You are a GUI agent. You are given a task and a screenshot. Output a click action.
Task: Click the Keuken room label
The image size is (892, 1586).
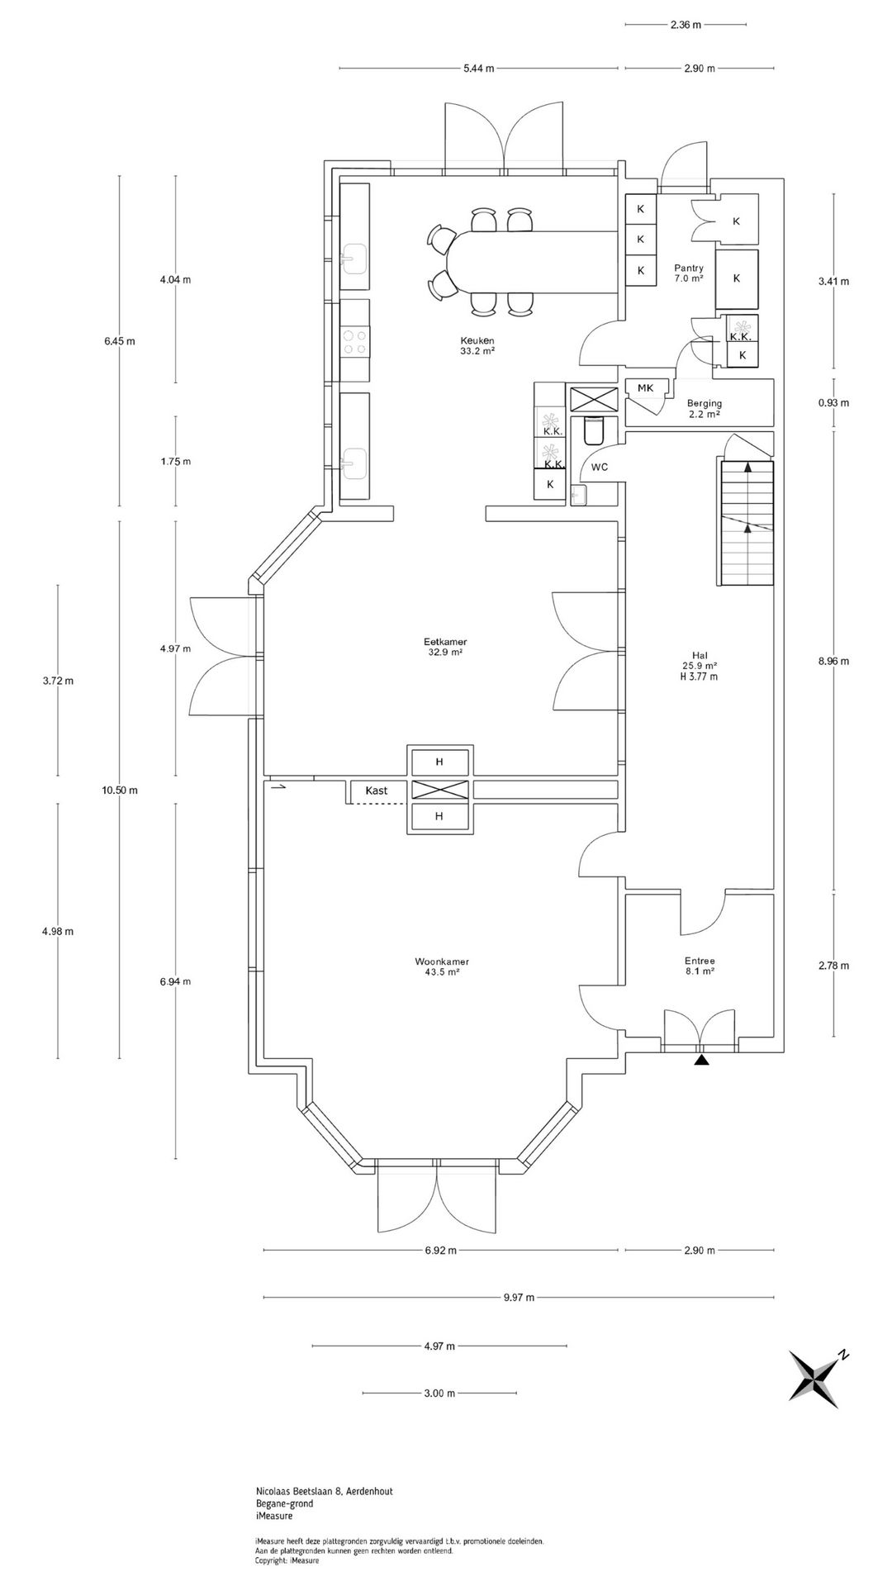pyautogui.click(x=477, y=340)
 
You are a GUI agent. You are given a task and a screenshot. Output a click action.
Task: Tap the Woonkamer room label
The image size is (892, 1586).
pyautogui.click(x=437, y=962)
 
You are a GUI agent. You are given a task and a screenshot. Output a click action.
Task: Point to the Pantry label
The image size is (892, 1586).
pyautogui.click(x=688, y=268)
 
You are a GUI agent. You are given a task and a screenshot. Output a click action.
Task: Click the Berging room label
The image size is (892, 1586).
pyautogui.click(x=704, y=403)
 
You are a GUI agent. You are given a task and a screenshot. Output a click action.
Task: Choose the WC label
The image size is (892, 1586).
pyautogui.click(x=600, y=467)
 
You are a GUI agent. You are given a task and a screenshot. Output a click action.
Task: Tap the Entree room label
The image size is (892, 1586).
pyautogui.click(x=700, y=961)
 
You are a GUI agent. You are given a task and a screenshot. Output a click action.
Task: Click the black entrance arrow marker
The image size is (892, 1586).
pyautogui.click(x=701, y=1060)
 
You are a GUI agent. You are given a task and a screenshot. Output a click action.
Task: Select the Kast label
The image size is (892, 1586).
pyautogui.click(x=376, y=791)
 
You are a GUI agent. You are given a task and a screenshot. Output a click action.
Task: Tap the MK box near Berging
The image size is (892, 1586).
pyautogui.click(x=646, y=387)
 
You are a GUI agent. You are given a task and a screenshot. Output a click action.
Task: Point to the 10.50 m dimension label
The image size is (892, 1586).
pyautogui.click(x=120, y=790)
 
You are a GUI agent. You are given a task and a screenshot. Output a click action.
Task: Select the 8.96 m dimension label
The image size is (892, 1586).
pyautogui.click(x=833, y=661)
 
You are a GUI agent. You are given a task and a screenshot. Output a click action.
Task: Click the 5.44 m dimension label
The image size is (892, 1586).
pyautogui.click(x=479, y=69)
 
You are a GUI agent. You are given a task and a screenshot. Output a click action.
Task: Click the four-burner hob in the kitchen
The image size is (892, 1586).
pyautogui.click(x=355, y=342)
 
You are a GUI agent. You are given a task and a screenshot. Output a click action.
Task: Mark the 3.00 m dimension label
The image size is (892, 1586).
pyautogui.click(x=439, y=1393)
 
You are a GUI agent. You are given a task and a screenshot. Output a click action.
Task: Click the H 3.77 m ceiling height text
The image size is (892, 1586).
pyautogui.click(x=699, y=677)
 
